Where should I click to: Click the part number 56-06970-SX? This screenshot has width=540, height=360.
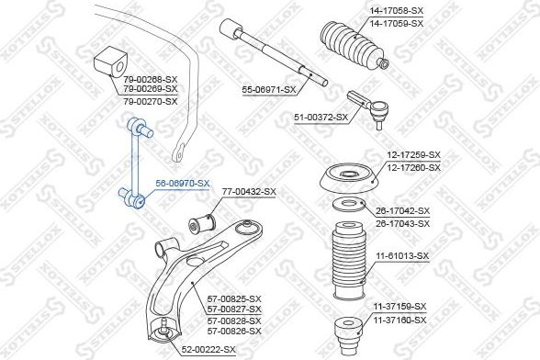coord(183,184)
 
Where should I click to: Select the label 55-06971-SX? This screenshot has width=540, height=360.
coord(269,89)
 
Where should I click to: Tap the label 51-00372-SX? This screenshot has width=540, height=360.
coord(321,117)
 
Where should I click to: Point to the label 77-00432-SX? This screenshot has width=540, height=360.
coord(249,191)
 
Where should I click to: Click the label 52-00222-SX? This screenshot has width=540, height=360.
coord(209,350)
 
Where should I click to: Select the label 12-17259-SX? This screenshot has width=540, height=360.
coord(413,156)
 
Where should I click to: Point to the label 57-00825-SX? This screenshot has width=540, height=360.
coord(235,299)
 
